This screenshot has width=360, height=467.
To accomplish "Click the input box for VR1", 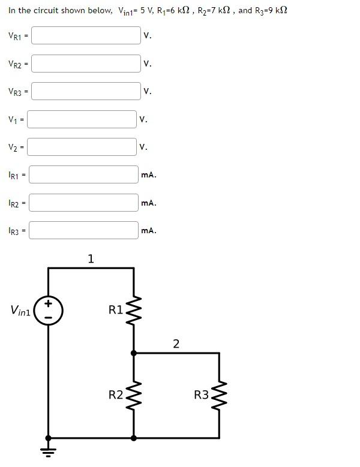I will click(86, 35).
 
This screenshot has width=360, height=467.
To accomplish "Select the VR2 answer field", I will click(86, 63).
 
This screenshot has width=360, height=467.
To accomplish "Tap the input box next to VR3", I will click(86, 91).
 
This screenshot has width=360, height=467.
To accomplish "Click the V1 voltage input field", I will click(82, 119).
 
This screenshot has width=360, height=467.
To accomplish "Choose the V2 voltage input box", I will click(82, 147).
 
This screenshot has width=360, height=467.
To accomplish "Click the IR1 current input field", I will click(83, 175).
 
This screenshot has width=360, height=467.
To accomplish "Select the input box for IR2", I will click(83, 203).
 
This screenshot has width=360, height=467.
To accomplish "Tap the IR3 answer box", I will click(83, 230).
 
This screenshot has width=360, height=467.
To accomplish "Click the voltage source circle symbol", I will click(49, 311).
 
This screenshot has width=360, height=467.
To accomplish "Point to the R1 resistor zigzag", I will click(133, 311).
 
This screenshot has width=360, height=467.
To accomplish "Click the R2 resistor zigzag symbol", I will click(133, 395).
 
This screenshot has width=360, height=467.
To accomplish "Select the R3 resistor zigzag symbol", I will click(219, 395).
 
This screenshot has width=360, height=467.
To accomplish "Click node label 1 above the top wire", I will click(91, 259).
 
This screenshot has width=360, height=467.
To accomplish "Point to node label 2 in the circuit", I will click(176, 344).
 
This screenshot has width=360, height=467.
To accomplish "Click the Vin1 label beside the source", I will click(21, 311).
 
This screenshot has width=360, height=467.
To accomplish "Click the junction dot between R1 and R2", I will click(133, 353).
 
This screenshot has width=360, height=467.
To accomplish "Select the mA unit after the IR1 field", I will click(148, 175).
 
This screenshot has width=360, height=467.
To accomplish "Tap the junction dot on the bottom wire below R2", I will click(133, 438).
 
